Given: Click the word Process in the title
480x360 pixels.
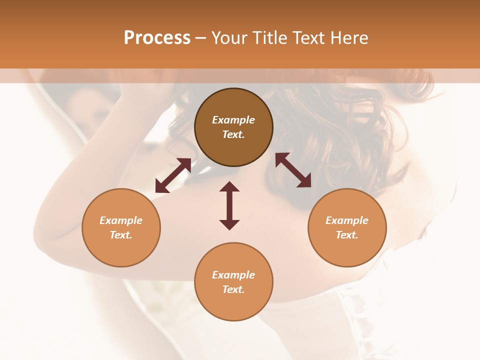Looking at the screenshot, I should (x=157, y=38).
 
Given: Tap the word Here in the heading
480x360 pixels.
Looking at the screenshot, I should (x=349, y=38).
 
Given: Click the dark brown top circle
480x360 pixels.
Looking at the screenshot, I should (x=233, y=127).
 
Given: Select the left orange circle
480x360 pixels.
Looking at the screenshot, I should (x=121, y=228).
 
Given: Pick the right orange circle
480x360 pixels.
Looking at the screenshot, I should (x=347, y=228).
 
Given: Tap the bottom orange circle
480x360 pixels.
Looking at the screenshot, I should (x=233, y=282).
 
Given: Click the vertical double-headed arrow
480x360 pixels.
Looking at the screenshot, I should (x=229, y=205).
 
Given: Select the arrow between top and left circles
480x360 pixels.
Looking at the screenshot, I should (x=173, y=175).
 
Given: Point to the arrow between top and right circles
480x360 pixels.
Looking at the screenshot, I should (x=293, y=170).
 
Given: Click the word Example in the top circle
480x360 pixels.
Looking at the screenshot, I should (x=233, y=120).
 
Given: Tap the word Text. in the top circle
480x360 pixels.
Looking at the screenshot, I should (x=233, y=134).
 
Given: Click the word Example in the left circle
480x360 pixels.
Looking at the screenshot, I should (x=121, y=220).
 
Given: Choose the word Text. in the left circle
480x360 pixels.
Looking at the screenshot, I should (x=121, y=235).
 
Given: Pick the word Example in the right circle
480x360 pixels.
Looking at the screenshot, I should (x=347, y=220).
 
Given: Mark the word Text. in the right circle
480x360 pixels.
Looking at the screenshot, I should (x=347, y=235).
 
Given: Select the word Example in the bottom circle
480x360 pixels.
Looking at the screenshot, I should (x=233, y=275).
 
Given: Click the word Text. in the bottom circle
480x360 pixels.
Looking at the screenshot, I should (x=233, y=289).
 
